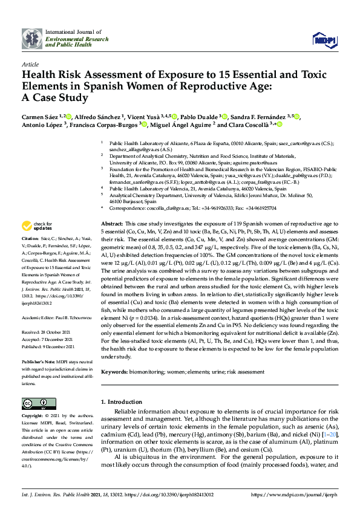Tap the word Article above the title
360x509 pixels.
[30, 63]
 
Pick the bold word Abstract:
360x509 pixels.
[111, 224]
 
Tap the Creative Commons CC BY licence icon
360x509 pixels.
[39, 404]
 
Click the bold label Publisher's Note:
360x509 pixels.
[37, 360]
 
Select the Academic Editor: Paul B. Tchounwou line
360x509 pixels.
[53, 316]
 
